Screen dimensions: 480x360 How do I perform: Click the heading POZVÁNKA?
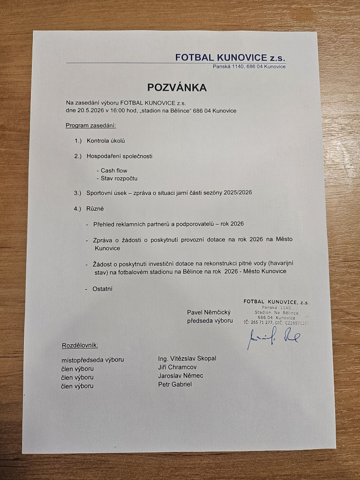177,88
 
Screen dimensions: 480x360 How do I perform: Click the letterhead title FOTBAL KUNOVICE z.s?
230,58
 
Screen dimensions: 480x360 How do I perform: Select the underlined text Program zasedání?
90,126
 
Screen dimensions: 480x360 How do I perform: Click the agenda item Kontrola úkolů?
106,141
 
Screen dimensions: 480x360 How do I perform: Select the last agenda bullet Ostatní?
103,289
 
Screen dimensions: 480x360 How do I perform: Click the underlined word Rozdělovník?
80,345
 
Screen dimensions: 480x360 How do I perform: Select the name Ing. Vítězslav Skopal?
187,358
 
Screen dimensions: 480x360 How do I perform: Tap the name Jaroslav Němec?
181,376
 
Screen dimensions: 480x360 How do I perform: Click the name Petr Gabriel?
175,384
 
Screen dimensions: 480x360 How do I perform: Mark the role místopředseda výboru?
92,360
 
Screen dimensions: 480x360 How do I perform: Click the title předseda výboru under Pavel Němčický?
210,321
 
